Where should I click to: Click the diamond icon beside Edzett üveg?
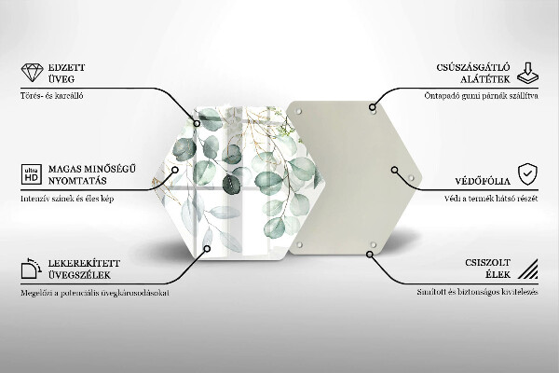pos(31,75)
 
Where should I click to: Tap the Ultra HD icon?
pos(31,173)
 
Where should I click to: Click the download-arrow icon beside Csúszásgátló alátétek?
pos(526,75)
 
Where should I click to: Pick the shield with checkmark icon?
pos(526,173)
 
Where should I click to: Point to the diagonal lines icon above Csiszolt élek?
pos(526,270)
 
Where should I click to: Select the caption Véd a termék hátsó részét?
pos(488,198)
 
